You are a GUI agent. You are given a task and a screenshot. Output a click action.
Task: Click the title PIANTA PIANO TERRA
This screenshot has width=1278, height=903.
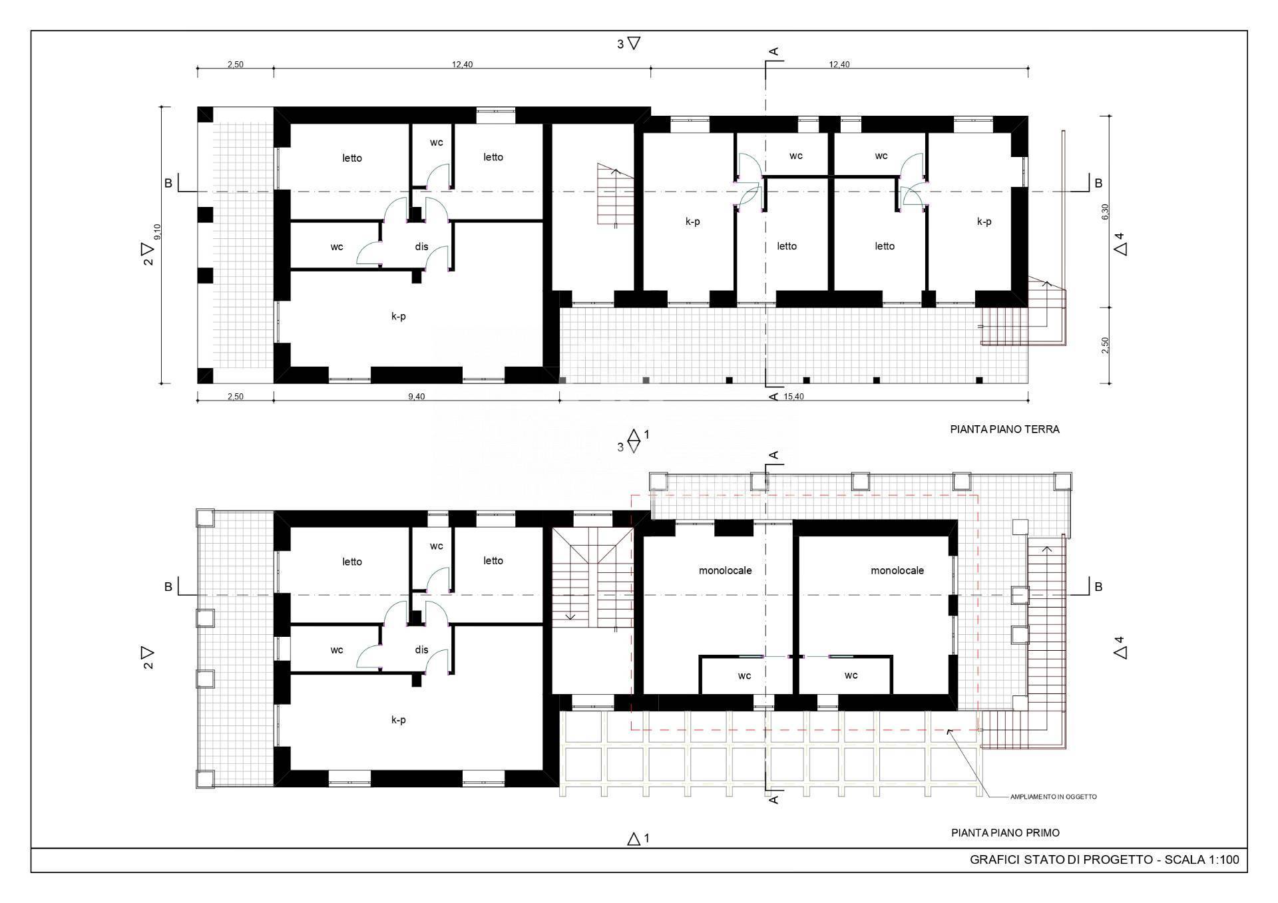click(x=1004, y=429)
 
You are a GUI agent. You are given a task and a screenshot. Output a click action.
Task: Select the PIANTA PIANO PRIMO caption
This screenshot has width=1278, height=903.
click(x=1005, y=832)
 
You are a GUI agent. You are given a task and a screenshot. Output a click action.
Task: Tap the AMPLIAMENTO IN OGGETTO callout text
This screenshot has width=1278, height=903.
click(x=1053, y=797)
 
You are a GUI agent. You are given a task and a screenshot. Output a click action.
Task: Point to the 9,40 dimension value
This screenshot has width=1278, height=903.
click(x=416, y=397)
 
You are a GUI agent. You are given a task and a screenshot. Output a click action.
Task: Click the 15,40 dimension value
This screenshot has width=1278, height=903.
click(x=794, y=397)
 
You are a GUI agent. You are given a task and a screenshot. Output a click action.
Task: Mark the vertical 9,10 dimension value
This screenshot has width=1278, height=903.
click(x=158, y=232)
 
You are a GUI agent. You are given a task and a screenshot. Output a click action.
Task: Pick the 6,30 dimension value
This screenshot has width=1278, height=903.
click(x=1106, y=212)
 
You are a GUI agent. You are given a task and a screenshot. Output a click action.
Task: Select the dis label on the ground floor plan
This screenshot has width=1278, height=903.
click(x=421, y=247)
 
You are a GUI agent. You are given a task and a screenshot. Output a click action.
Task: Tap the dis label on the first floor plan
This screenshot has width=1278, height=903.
click(x=421, y=650)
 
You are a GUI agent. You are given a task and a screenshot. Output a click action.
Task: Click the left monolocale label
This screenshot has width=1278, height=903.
click(x=725, y=570)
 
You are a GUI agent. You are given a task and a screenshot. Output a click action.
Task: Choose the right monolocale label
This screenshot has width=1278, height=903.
click(x=897, y=570)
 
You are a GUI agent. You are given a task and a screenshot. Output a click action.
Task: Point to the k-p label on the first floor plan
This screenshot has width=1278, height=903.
click(x=398, y=720)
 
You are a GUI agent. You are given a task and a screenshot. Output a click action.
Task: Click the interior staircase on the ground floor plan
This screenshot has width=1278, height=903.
click(x=615, y=194)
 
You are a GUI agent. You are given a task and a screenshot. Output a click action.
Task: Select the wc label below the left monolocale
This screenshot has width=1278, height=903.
click(x=744, y=676)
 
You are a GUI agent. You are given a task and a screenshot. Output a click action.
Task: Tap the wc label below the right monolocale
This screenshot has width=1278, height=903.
click(x=851, y=676)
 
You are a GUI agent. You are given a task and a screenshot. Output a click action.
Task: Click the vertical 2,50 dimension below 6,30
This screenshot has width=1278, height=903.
click(x=1106, y=345)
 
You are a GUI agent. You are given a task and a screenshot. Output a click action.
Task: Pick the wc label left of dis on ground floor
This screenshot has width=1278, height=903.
click(x=337, y=247)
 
